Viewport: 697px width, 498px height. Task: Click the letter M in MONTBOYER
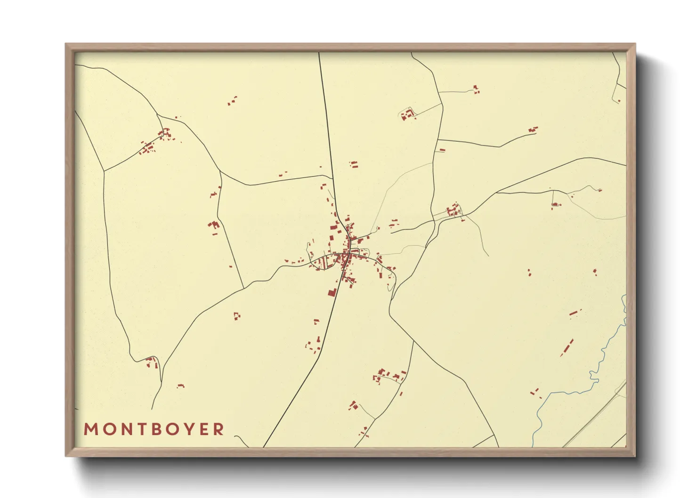click(90, 429)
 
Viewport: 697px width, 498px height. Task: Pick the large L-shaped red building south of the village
click(332, 292)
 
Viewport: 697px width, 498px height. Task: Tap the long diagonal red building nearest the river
click(567, 347)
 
